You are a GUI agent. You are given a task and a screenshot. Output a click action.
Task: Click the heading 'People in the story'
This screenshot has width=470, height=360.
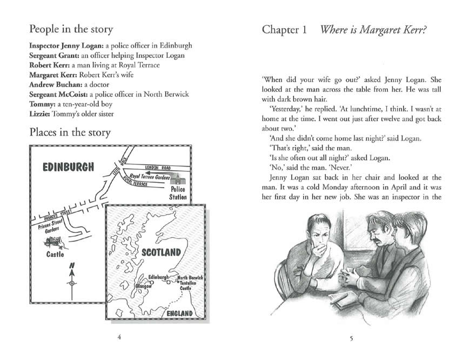[x=71, y=29]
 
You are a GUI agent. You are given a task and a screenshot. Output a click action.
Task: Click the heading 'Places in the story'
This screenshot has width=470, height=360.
[x=70, y=132]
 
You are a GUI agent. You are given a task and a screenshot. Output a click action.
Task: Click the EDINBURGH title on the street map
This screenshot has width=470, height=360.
[x=68, y=166]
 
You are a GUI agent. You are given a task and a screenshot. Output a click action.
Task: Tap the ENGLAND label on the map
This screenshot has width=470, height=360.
[x=180, y=314]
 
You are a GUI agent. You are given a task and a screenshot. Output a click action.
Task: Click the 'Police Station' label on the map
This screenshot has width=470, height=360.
[x=178, y=193]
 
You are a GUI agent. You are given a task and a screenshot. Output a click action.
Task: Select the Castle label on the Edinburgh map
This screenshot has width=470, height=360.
[x=55, y=254]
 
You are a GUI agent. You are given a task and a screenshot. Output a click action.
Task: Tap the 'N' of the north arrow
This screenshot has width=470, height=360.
[x=71, y=266]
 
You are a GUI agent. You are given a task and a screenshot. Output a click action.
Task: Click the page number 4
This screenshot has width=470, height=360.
[x=119, y=338]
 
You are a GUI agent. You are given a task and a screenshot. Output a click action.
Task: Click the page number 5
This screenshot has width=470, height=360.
[x=351, y=338]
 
